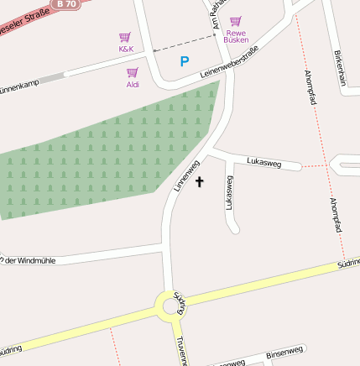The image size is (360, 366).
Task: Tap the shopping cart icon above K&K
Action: [125, 37]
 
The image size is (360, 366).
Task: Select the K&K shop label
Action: [126, 49]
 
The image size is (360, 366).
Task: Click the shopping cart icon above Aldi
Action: [132, 73]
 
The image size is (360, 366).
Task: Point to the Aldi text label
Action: [133, 85]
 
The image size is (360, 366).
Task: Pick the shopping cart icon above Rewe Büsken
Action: [236, 20]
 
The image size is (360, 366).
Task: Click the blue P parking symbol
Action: [185, 61]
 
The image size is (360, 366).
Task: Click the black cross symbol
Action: [200, 180]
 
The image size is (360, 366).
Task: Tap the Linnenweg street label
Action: [186, 176]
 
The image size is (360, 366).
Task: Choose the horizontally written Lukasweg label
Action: [263, 160]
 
